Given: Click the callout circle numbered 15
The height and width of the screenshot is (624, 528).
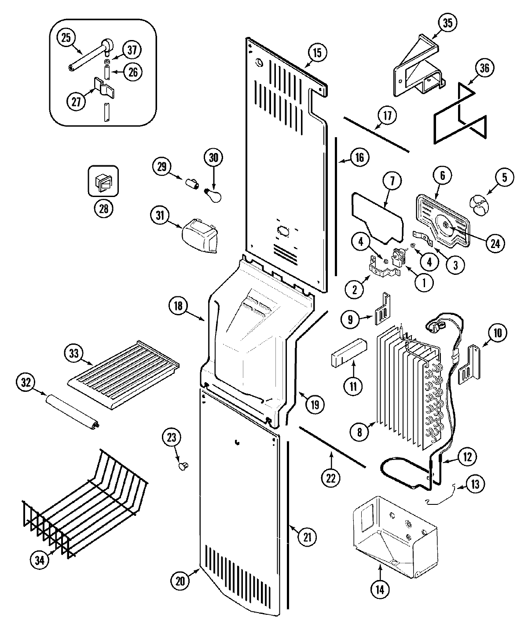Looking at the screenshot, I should coord(317,53).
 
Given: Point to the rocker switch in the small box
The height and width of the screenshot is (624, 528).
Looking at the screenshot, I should coord(103,180).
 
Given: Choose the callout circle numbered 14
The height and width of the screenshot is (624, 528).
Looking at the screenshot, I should coord(380,589).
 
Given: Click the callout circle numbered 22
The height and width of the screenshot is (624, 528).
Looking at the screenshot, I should coord(330,478).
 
